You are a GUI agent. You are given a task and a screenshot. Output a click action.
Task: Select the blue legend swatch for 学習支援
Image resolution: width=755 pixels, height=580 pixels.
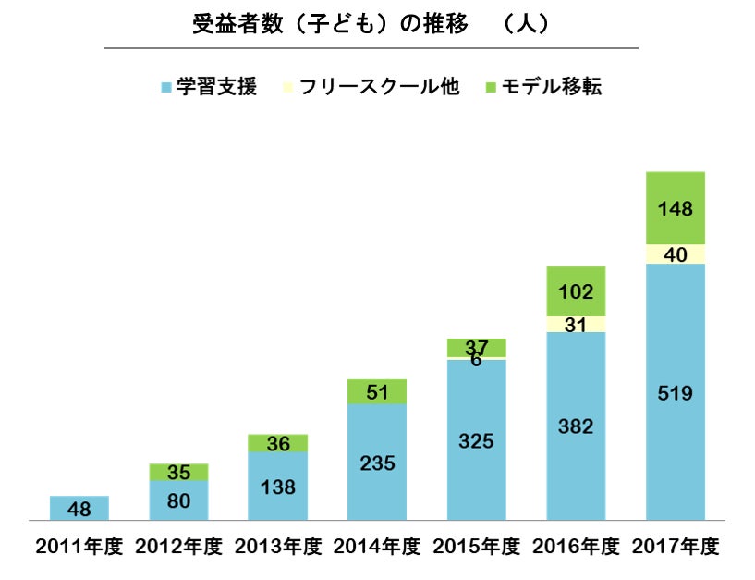[x=165, y=88]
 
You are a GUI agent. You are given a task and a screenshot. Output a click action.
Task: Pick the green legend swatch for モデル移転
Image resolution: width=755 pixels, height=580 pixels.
[x=490, y=88]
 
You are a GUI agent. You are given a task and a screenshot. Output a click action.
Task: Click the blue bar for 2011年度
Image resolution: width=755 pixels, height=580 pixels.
[x=79, y=508]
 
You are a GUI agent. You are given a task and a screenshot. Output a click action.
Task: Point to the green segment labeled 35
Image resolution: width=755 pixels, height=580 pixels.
[x=178, y=472]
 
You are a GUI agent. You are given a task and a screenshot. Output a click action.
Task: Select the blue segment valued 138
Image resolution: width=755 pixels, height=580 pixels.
[x=278, y=486]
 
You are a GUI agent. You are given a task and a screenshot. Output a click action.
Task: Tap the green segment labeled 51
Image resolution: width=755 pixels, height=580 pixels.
[x=377, y=391]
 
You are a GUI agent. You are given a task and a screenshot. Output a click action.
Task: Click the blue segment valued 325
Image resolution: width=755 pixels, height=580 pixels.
[x=476, y=440]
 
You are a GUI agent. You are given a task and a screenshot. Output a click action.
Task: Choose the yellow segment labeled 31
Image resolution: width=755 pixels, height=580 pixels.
[x=576, y=324]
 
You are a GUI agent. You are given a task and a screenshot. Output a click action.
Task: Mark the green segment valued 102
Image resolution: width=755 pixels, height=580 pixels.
[x=576, y=291]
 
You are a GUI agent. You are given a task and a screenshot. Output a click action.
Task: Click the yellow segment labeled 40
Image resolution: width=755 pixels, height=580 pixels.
[x=676, y=253]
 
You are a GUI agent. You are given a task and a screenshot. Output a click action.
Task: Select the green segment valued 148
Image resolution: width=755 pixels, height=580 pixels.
[x=676, y=207]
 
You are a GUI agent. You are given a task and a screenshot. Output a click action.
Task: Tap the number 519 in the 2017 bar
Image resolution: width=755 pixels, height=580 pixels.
[x=676, y=392]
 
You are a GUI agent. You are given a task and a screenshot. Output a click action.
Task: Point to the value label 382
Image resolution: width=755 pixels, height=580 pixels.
[x=576, y=426]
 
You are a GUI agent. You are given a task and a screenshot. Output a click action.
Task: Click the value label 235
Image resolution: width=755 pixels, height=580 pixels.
[x=377, y=463]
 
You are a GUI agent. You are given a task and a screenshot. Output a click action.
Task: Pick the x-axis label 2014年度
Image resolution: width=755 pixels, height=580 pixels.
[x=377, y=547]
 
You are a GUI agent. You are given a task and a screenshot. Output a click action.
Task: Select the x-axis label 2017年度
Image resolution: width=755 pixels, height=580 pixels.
[x=676, y=547]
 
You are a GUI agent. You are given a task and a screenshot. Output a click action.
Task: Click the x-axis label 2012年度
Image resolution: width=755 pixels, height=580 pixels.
[x=178, y=547]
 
